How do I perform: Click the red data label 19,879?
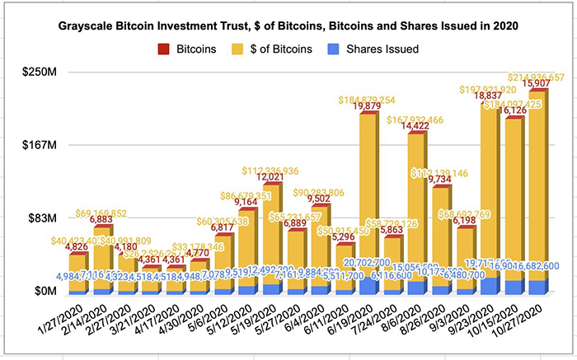coord(366,105)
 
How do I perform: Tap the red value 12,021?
coord(270,177)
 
